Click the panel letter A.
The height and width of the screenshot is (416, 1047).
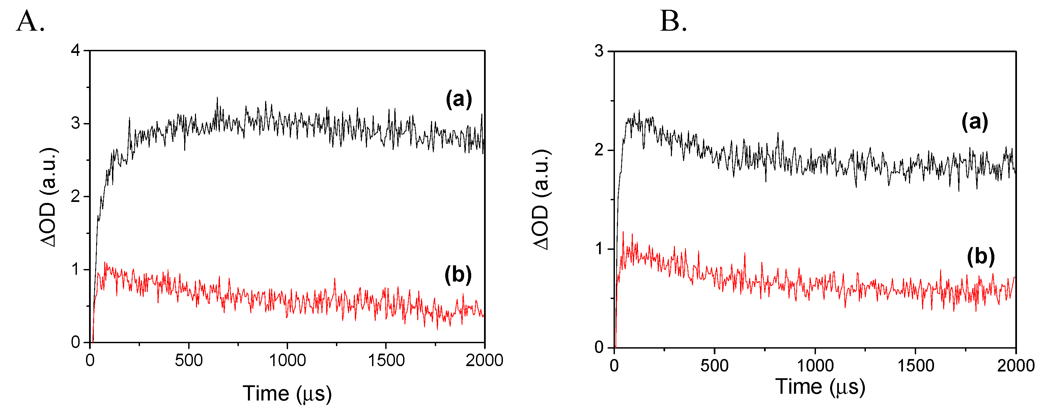click(x=30, y=21)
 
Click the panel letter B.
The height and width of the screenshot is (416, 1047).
click(x=673, y=21)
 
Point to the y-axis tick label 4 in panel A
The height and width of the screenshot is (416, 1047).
click(x=76, y=51)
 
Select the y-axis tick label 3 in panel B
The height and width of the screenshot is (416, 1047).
click(x=599, y=52)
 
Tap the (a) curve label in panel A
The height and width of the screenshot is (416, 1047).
click(x=459, y=99)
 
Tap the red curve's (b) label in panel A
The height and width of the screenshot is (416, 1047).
click(x=458, y=275)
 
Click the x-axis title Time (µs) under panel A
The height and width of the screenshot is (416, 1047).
click(x=287, y=394)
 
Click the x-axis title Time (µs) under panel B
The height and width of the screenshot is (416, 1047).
click(x=820, y=386)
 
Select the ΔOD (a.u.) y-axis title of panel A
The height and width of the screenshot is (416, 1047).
click(x=49, y=197)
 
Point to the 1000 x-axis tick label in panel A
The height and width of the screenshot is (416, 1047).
click(x=287, y=360)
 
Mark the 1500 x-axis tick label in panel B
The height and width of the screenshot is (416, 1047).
click(x=915, y=366)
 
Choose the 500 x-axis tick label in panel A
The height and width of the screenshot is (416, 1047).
click(x=189, y=360)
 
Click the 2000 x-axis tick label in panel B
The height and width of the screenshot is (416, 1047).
click(x=1015, y=366)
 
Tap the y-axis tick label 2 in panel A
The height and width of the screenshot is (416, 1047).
click(x=76, y=197)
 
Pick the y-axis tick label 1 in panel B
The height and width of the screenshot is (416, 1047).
click(x=599, y=249)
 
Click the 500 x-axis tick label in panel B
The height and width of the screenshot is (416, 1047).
click(x=714, y=366)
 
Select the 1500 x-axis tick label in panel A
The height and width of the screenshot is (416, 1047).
click(x=386, y=360)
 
